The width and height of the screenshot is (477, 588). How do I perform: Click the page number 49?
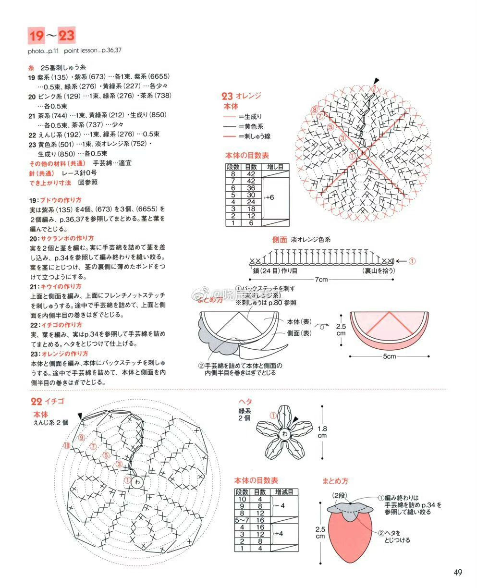(x=457, y=572)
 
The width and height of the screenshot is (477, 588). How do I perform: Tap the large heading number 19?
(x=37, y=36)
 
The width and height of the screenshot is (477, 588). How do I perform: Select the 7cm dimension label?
(x=321, y=280)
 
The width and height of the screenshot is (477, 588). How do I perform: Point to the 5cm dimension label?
(x=389, y=356)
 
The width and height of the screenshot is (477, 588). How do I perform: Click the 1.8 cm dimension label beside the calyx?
(x=322, y=432)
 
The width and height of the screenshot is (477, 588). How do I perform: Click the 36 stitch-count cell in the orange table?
(x=251, y=188)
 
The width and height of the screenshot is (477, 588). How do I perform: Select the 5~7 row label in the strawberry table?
(x=242, y=520)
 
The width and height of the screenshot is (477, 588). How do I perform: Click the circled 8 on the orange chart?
(x=314, y=110)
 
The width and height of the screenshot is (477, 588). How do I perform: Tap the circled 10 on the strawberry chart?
(x=66, y=445)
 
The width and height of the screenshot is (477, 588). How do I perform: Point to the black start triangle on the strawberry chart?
(x=80, y=415)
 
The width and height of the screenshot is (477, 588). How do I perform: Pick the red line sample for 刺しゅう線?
(x=230, y=136)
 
